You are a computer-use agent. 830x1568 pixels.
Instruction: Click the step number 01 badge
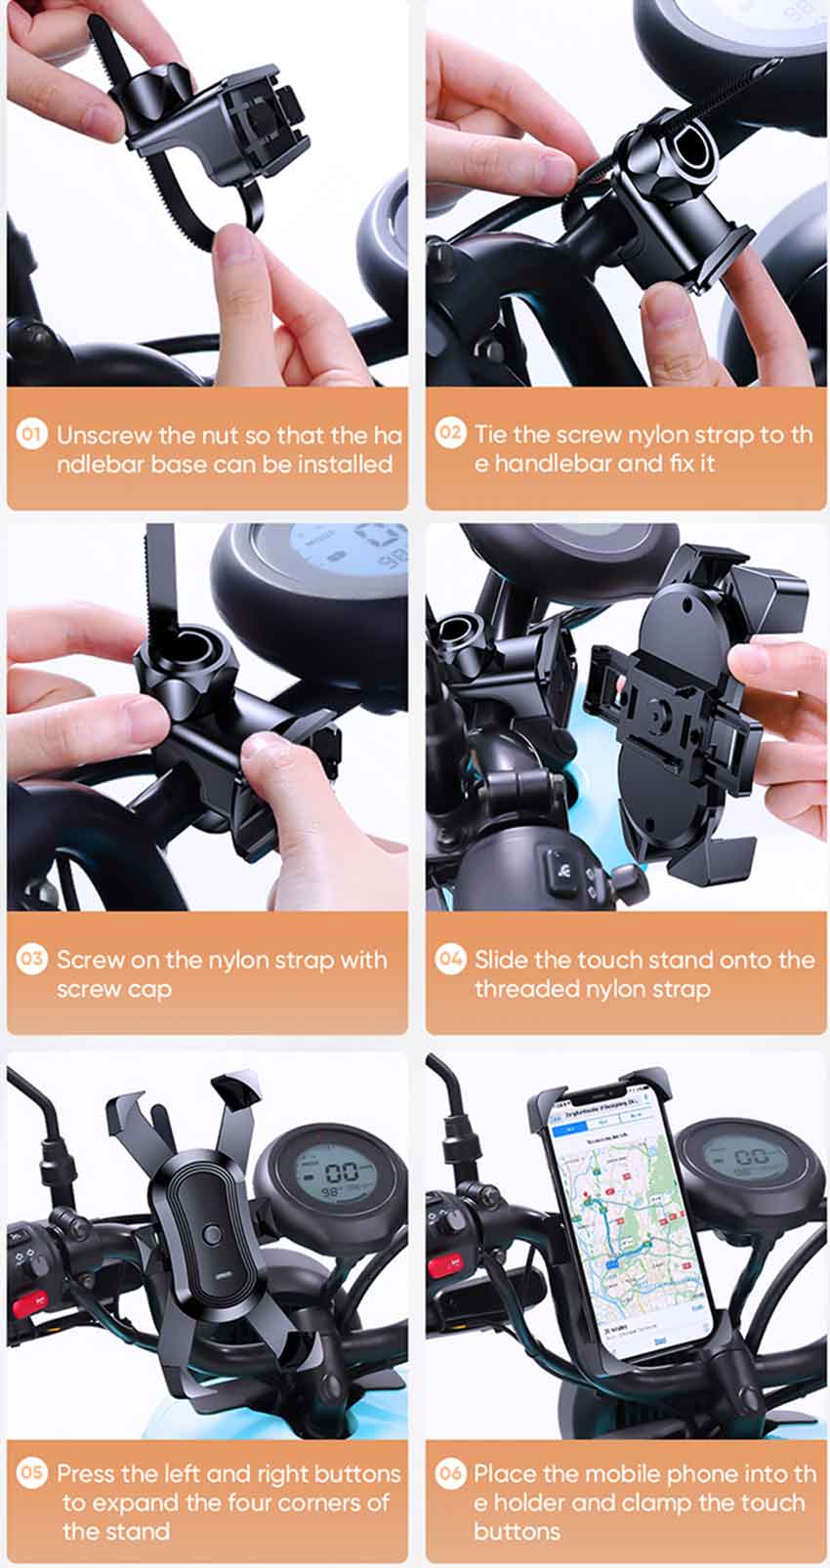(x=31, y=434)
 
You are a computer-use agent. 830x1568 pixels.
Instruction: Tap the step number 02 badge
(x=450, y=433)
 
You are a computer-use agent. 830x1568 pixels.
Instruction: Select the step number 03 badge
(x=31, y=959)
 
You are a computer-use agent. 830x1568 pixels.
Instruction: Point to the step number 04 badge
(x=450, y=959)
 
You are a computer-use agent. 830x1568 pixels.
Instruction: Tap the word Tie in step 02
(x=490, y=434)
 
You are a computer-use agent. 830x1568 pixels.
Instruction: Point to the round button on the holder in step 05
(x=208, y=1233)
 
